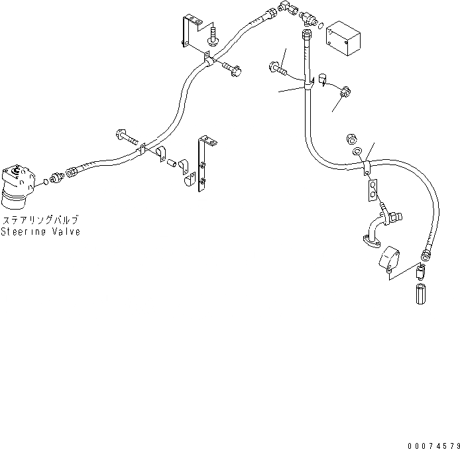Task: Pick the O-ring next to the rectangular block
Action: (x=321, y=27)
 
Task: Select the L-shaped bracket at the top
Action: (x=189, y=32)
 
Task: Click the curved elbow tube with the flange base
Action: (x=374, y=229)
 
